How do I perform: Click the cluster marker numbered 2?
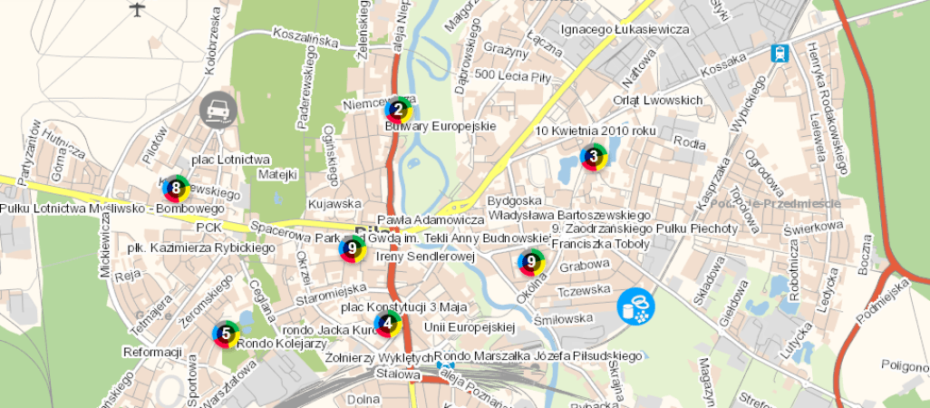pos(398,111)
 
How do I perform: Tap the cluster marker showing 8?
pos(176,189)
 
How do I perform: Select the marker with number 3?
pos(594,157)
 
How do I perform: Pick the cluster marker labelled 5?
pos(388,324)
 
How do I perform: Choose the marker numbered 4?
pos(226,334)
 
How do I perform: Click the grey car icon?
pos(218,111)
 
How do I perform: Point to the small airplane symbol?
pos(138,10)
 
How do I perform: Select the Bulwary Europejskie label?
pos(441,126)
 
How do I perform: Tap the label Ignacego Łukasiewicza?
pos(625,29)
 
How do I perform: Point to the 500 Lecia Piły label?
pos(513,74)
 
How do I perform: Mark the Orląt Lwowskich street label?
pos(658,100)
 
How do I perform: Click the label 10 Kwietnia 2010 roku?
pos(595,131)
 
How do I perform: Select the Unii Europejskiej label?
pos(469,326)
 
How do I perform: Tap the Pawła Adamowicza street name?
pos(431,219)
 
